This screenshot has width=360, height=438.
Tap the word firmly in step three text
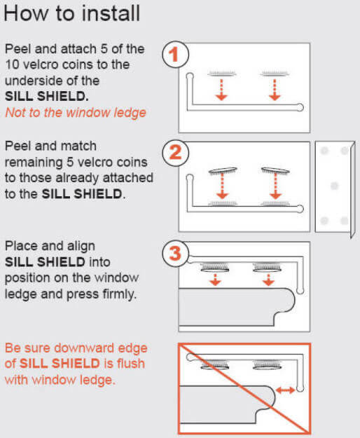tap(120, 294)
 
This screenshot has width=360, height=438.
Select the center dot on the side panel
tap(333, 186)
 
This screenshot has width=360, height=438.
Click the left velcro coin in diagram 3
tap(215, 267)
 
